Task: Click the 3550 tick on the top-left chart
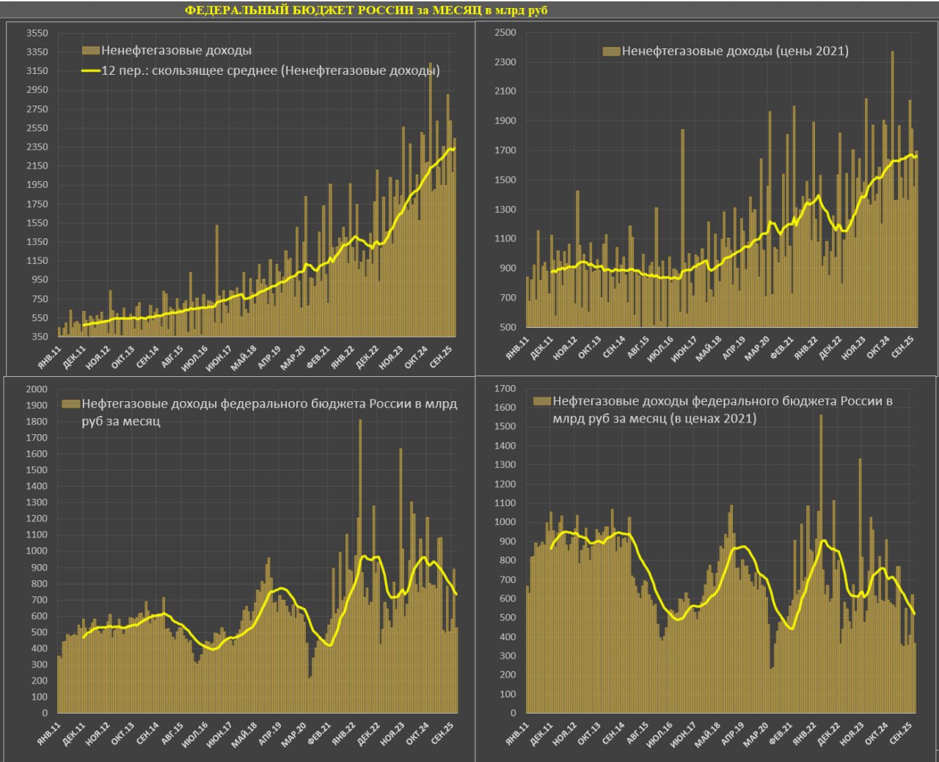tap(37, 33)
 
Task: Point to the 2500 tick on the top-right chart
tap(505, 32)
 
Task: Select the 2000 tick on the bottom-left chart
tap(37, 389)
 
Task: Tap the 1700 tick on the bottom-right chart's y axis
tap(505, 389)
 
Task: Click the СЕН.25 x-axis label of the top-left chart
tap(442, 356)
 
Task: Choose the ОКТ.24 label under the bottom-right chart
tap(877, 733)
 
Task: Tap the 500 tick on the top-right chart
tap(508, 327)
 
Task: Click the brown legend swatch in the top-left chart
tap(90, 51)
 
